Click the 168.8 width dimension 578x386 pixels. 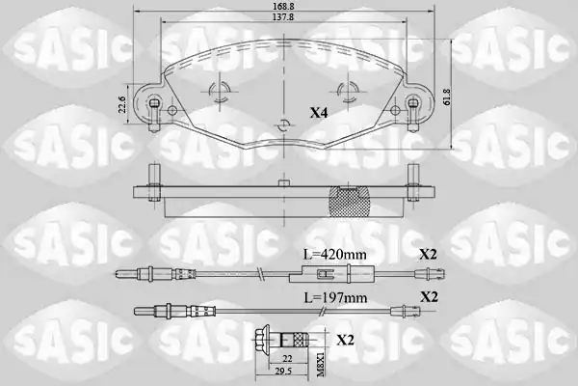(x=283, y=6)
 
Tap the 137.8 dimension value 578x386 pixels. (x=283, y=17)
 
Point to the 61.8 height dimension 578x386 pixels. (x=447, y=96)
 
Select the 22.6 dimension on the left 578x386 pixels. (x=123, y=104)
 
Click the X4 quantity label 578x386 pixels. (x=319, y=113)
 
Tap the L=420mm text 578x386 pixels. (x=334, y=254)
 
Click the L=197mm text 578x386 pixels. (x=335, y=297)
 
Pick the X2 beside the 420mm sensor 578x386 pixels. (x=428, y=254)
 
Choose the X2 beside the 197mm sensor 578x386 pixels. (x=429, y=296)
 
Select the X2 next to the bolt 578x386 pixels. (x=345, y=340)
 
